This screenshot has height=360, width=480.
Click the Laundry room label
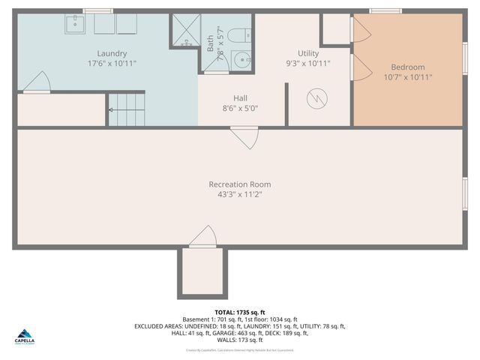(x=112, y=53)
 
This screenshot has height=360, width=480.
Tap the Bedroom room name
(x=408, y=67)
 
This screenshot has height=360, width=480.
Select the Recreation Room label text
(x=240, y=184)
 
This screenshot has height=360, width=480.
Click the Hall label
(x=240, y=97)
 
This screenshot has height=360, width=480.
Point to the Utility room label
(x=308, y=53)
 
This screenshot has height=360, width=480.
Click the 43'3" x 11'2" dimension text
(x=240, y=194)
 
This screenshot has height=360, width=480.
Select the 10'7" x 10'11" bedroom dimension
(x=408, y=76)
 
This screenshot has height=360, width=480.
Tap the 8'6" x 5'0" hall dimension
(x=240, y=108)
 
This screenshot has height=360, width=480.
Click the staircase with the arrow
(x=127, y=109)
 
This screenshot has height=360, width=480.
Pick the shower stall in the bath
(x=184, y=31)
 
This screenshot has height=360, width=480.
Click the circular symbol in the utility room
(x=319, y=97)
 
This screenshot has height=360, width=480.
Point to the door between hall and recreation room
(x=244, y=137)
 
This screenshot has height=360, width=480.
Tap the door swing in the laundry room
(x=37, y=82)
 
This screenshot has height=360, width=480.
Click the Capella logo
(x=24, y=335)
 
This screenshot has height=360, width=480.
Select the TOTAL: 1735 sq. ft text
(x=240, y=312)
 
